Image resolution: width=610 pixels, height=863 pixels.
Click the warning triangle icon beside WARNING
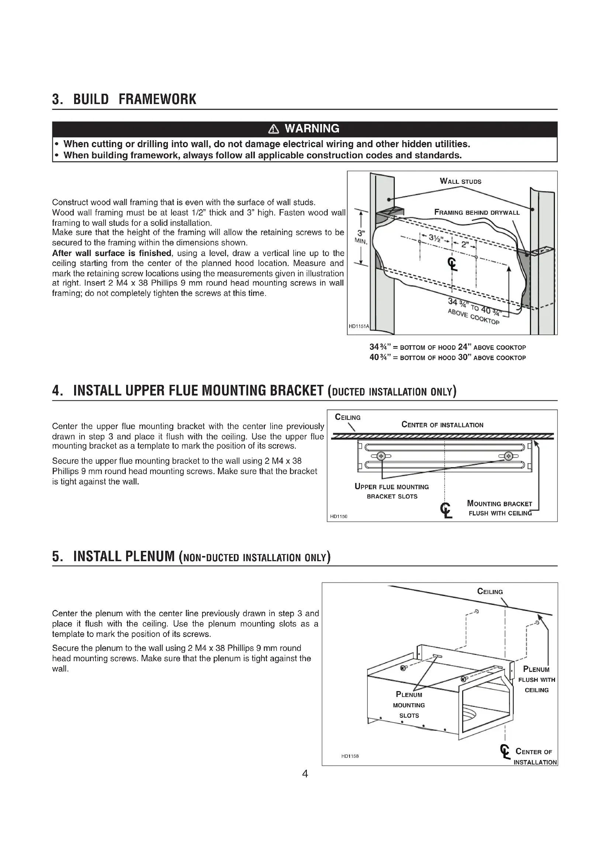coord(274,129)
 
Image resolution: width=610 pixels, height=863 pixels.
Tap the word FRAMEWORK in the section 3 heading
coord(157,99)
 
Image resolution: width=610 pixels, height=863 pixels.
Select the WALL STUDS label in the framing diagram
coord(461,181)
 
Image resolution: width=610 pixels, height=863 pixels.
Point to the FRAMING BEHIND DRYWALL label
coord(476,213)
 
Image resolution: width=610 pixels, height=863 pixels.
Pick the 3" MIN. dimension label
coord(360,236)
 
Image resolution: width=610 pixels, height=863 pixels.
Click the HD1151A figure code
coord(359,326)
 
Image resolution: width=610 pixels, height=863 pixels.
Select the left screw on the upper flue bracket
coord(381,456)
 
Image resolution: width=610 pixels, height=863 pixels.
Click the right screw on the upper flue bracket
coord(509,456)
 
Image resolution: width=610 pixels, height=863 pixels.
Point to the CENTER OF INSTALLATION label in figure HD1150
coord(443,425)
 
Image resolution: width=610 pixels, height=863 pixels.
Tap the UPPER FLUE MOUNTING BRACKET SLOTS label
coord(392,491)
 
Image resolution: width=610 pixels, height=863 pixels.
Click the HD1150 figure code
coord(339,517)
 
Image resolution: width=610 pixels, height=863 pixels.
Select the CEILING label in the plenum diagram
coord(490,591)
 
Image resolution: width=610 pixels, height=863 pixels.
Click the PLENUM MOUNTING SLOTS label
coord(409,705)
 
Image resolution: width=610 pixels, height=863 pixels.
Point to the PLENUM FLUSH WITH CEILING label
coord(536,680)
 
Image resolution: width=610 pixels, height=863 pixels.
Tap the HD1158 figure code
coord(350,756)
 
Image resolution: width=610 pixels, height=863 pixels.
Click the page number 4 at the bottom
coord(305,774)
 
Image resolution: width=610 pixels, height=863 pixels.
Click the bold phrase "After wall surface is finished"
coord(111,253)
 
